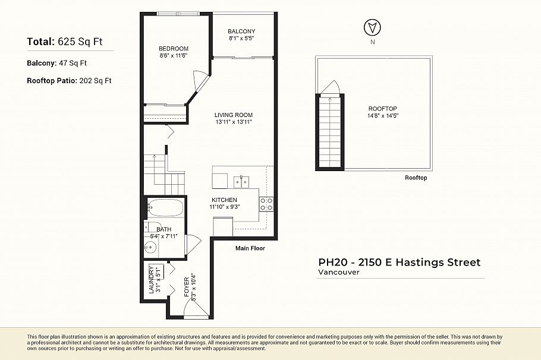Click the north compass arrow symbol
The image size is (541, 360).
pos(372,27)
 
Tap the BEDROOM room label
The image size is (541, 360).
pos(173,49)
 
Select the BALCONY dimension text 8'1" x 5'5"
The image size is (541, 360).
pos(241,39)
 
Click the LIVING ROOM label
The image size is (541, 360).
pos(234,115)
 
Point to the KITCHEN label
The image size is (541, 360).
pos(224,200)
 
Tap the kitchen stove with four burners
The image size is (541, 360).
pos(266,204)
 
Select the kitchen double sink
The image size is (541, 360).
pos(240,181)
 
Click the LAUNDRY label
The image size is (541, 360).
pos(152,279)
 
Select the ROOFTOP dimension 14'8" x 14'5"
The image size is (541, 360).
pos(382,115)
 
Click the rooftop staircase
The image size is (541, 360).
pos(329,131)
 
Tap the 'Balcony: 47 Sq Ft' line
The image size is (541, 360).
pos(57,62)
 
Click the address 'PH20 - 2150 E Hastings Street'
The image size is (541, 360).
pos(399,262)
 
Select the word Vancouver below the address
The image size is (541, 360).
pos(339,272)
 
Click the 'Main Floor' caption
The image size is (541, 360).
pos(250,248)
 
